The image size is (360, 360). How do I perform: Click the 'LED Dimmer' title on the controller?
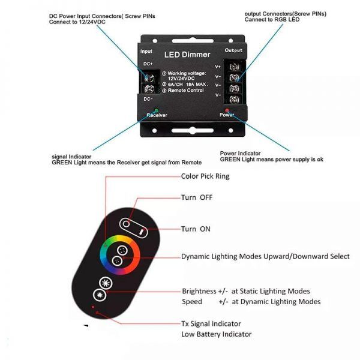tap(187, 55)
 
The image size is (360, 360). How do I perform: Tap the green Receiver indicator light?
tap(157, 110)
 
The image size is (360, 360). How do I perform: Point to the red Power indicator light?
tap(227, 110)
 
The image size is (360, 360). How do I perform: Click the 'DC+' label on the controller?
tap(148, 64)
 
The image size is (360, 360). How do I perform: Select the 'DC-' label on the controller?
tap(148, 99)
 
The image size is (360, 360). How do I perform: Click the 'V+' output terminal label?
tap(218, 67)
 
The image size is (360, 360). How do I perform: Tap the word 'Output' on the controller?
tap(233, 50)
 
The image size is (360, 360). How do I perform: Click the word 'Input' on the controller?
tap(146, 51)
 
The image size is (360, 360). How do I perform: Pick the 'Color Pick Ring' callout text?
tap(205, 176)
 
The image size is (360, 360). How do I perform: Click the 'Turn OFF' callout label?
tap(197, 197)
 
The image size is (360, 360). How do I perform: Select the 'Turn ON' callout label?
tap(196, 229)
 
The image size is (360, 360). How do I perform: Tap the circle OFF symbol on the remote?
tap(126, 224)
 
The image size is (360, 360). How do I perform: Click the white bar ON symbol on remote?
tap(142, 232)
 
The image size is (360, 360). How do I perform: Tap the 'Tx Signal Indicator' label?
tap(211, 324)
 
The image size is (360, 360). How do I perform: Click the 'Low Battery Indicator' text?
tap(216, 334)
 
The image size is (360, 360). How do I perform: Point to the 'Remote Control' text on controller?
tap(186, 91)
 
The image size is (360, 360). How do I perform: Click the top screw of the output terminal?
tap(234, 67)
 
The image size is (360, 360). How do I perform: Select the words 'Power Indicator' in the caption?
tap(240, 154)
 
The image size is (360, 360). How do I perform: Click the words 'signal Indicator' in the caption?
tap(71, 157)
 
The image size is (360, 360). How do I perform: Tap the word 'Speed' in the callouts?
tap(192, 302)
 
